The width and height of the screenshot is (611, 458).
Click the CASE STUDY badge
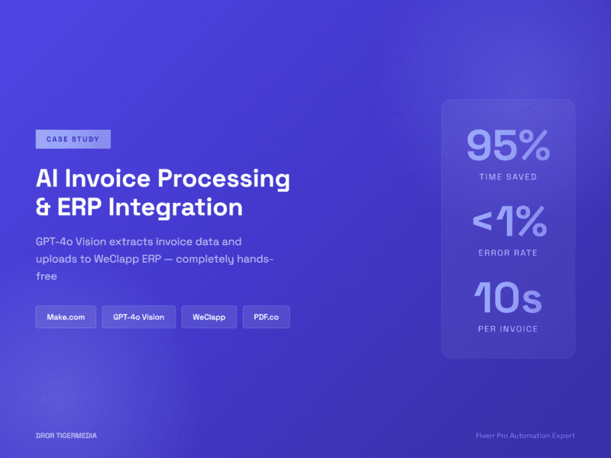pos(73,139)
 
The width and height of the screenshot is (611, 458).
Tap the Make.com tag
pos(66,317)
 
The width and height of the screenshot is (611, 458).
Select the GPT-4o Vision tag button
pos(138,317)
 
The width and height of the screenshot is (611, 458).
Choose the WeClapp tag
pos(209,317)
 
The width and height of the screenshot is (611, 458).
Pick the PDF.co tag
pos(266,317)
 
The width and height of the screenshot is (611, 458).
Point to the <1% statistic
pos(509,221)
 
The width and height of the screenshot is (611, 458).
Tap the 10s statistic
pos(508,298)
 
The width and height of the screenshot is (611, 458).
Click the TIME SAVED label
pos(508,177)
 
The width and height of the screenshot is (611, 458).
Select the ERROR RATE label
pos(508,253)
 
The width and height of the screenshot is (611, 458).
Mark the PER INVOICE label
pos(508,329)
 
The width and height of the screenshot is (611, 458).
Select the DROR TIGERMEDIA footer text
pos(66,436)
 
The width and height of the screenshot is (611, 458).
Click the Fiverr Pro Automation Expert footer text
pos(525,436)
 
